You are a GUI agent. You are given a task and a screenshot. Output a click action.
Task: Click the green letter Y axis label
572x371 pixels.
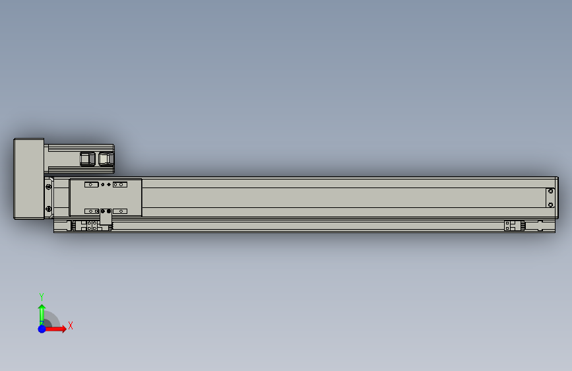click(42, 296)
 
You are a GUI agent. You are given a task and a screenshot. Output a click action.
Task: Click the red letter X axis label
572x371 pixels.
click(71, 325)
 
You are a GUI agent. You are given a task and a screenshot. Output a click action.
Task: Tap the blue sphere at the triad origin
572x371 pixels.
click(42, 329)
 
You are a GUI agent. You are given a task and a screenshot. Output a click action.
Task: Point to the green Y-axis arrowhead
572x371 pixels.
click(42, 308)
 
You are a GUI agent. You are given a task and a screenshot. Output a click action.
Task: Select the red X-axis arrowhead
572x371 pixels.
click(63, 329)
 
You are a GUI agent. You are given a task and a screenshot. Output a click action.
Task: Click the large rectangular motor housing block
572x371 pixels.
click(29, 179)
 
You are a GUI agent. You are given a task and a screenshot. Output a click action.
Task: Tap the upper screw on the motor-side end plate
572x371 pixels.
click(49, 187)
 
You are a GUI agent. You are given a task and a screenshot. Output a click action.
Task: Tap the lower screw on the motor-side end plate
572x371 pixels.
click(49, 209)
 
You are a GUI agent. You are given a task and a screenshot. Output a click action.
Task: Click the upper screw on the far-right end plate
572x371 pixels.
click(550, 191)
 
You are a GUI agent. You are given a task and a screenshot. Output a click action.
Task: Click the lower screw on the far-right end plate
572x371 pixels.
click(550, 205)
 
